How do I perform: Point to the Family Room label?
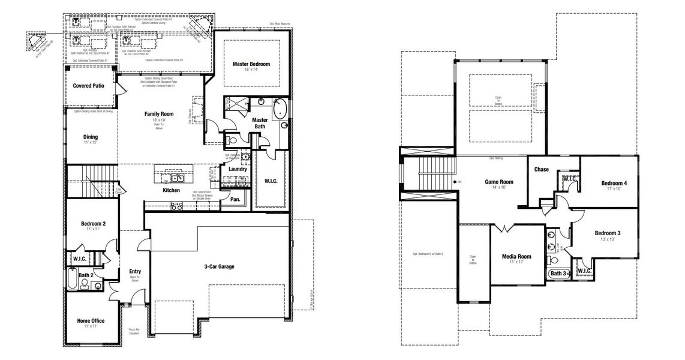pos(158,114)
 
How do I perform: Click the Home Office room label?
pos(91,321)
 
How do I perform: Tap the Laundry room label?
pos(238,169)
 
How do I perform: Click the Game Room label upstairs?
pos(499,182)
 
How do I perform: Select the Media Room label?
pos(516,256)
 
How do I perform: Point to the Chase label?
pos(542,170)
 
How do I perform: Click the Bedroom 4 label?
pos(614,183)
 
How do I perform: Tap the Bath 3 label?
pos(558,274)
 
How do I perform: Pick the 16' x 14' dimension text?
pos(251,70)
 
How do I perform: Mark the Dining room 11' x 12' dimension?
pos(90,143)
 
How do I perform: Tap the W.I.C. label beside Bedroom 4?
pos(569,178)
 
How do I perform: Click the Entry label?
pos(135,272)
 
